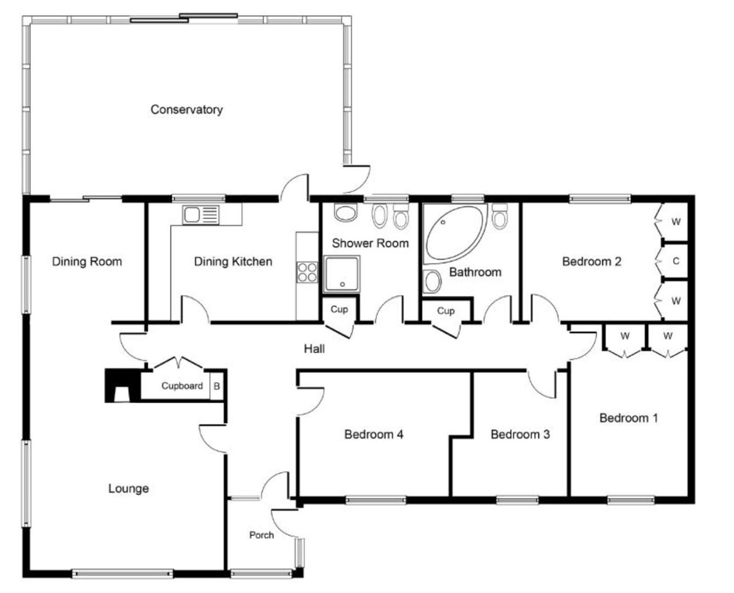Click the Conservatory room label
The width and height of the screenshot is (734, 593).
(x=187, y=109)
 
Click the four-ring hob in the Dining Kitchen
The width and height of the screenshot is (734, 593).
(x=307, y=272)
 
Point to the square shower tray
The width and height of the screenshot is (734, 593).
(x=341, y=273)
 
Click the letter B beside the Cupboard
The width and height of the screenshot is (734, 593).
(x=217, y=387)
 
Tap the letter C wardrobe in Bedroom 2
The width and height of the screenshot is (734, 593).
(x=676, y=261)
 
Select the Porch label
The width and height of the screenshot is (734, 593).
(x=261, y=535)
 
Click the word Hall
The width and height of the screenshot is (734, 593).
(x=314, y=349)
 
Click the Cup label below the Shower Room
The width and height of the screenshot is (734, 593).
(x=339, y=310)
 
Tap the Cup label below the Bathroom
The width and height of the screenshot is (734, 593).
(x=445, y=311)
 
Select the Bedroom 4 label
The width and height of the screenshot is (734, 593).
(x=374, y=435)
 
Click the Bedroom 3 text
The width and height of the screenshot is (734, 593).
(x=520, y=435)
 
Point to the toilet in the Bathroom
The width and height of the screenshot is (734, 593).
(x=499, y=216)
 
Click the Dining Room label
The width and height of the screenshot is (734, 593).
(x=87, y=262)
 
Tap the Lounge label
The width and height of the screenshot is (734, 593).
(x=128, y=489)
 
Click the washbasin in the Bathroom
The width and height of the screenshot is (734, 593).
(x=432, y=281)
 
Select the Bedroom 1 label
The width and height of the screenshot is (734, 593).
(x=628, y=418)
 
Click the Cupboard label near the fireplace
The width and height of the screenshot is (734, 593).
(x=182, y=386)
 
